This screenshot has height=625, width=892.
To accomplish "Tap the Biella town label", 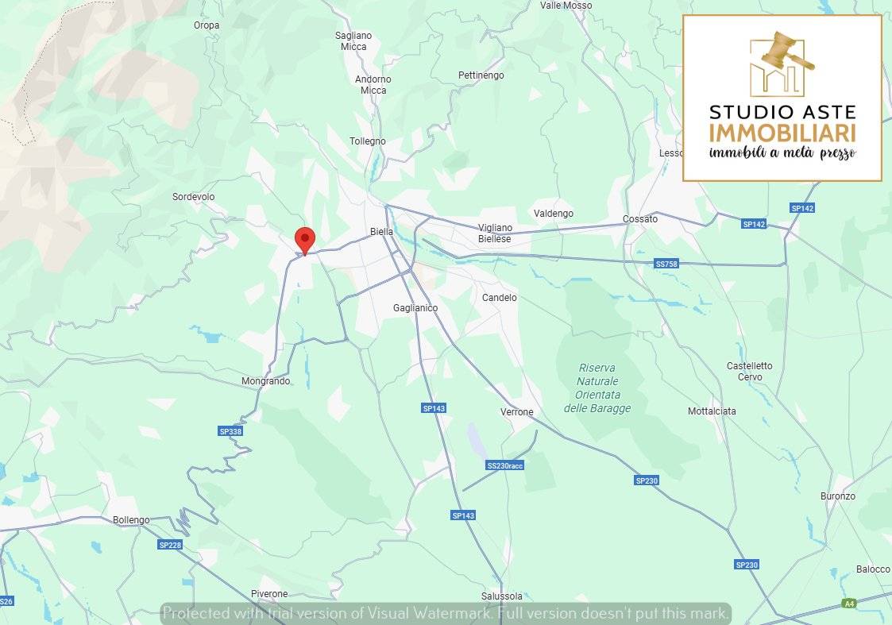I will [382, 232].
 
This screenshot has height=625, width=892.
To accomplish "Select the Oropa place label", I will [207, 25].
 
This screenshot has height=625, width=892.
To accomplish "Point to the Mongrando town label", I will [266, 381].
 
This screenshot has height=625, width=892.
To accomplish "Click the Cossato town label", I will [640, 218].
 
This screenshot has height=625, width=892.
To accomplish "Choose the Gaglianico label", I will [415, 308].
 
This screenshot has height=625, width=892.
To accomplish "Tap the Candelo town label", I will [500, 298].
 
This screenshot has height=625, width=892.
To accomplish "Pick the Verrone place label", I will [517, 412].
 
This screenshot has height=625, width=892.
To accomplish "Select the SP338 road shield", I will [230, 431].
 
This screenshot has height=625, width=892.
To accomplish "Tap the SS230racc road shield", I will [505, 465].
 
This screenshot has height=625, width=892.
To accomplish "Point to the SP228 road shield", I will [170, 545].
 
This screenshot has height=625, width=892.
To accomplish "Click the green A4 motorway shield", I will [850, 604].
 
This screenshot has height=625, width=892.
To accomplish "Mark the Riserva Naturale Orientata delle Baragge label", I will [597, 388].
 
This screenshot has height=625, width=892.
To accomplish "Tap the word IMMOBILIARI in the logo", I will [782, 133].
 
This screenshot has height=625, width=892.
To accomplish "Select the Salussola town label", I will [502, 596].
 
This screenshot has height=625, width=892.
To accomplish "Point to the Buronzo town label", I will [838, 496].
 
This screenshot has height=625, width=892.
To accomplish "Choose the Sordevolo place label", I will [194, 197].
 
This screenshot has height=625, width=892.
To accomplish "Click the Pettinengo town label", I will [481, 75].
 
